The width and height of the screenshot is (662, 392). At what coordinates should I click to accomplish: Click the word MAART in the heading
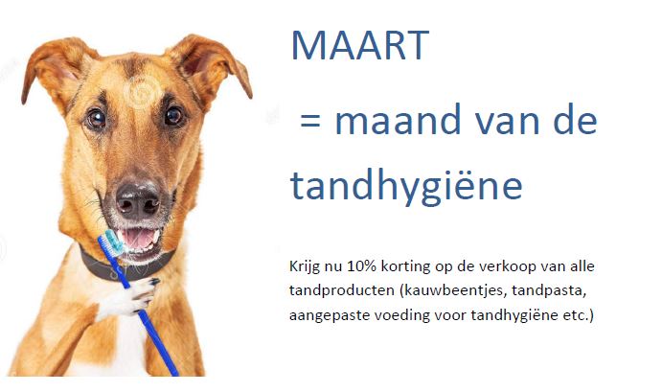tap(360, 45)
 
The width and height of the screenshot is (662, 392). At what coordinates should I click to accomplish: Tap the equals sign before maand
tap(310, 121)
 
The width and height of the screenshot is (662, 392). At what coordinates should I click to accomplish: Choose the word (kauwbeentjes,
tap(452, 291)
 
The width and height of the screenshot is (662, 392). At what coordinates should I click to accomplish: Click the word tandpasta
tap(548, 291)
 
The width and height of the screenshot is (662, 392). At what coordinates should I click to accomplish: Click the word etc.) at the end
tap(578, 315)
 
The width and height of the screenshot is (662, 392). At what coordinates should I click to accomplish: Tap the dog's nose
tap(138, 199)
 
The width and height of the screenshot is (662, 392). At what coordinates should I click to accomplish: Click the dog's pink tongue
tap(138, 239)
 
